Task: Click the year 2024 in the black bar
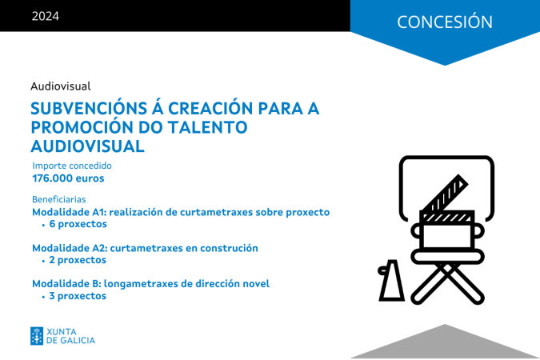(x=46, y=16)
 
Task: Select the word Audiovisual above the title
(x=61, y=86)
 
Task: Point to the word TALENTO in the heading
(x=208, y=127)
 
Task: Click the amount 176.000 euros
(x=68, y=178)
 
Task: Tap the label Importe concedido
(x=72, y=166)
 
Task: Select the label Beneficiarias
(x=59, y=199)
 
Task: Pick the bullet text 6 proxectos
(x=78, y=224)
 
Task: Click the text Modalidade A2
(x=70, y=248)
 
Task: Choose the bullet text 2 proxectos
(x=78, y=260)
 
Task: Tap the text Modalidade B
(x=67, y=283)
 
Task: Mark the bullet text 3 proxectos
(x=78, y=296)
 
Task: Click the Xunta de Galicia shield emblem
(x=37, y=336)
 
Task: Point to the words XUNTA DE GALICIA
(x=70, y=336)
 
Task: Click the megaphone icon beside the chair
(x=391, y=281)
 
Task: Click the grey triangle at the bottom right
(x=445, y=342)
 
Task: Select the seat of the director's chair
(x=447, y=257)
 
